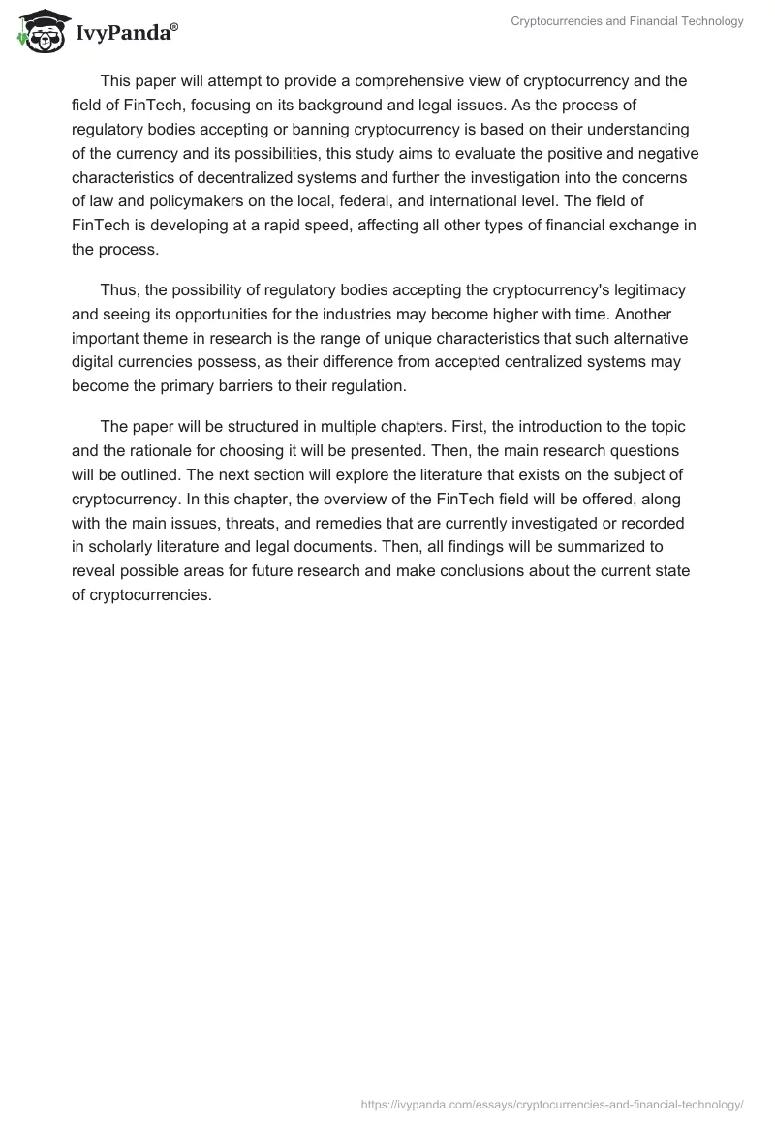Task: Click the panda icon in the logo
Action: (x=40, y=31)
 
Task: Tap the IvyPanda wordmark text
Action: (x=125, y=34)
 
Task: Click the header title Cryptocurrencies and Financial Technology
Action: (x=627, y=21)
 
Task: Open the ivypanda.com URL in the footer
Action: (x=552, y=1104)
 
